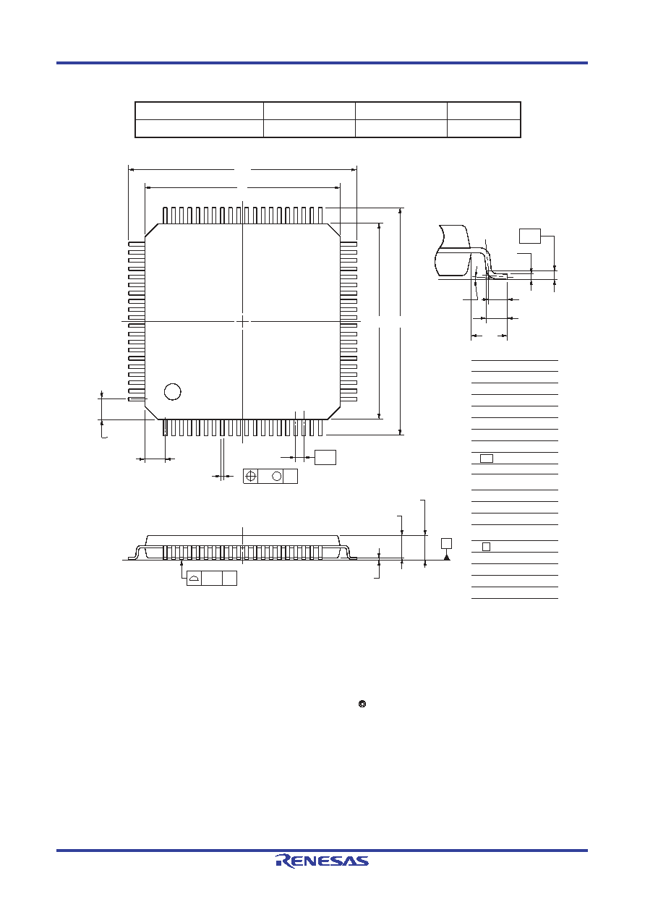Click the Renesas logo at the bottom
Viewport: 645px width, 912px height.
click(322, 861)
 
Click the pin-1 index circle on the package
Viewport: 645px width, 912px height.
click(173, 392)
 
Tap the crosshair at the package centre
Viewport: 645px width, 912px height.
click(242, 322)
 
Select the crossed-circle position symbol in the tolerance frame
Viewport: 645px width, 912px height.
click(251, 476)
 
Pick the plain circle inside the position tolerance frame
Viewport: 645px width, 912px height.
click(277, 476)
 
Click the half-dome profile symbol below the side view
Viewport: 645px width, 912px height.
click(195, 579)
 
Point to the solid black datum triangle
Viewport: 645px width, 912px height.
click(447, 557)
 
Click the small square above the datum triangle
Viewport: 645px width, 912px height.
click(446, 544)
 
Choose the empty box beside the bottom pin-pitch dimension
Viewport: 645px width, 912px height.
click(325, 457)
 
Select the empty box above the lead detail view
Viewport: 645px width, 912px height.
click(530, 236)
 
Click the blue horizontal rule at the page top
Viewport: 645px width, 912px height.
click(322, 63)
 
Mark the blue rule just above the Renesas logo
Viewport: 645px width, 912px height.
click(322, 851)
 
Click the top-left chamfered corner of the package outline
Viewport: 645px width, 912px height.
click(152, 230)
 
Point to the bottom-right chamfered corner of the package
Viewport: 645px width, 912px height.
click(333, 413)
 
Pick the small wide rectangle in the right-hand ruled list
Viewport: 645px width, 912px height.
click(487, 459)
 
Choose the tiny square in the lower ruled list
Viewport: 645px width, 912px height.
click(486, 547)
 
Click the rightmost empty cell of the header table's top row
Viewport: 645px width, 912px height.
click(484, 111)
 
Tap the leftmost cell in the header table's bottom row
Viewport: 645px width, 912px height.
click(200, 129)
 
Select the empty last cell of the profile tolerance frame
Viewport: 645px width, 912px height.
click(229, 578)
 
